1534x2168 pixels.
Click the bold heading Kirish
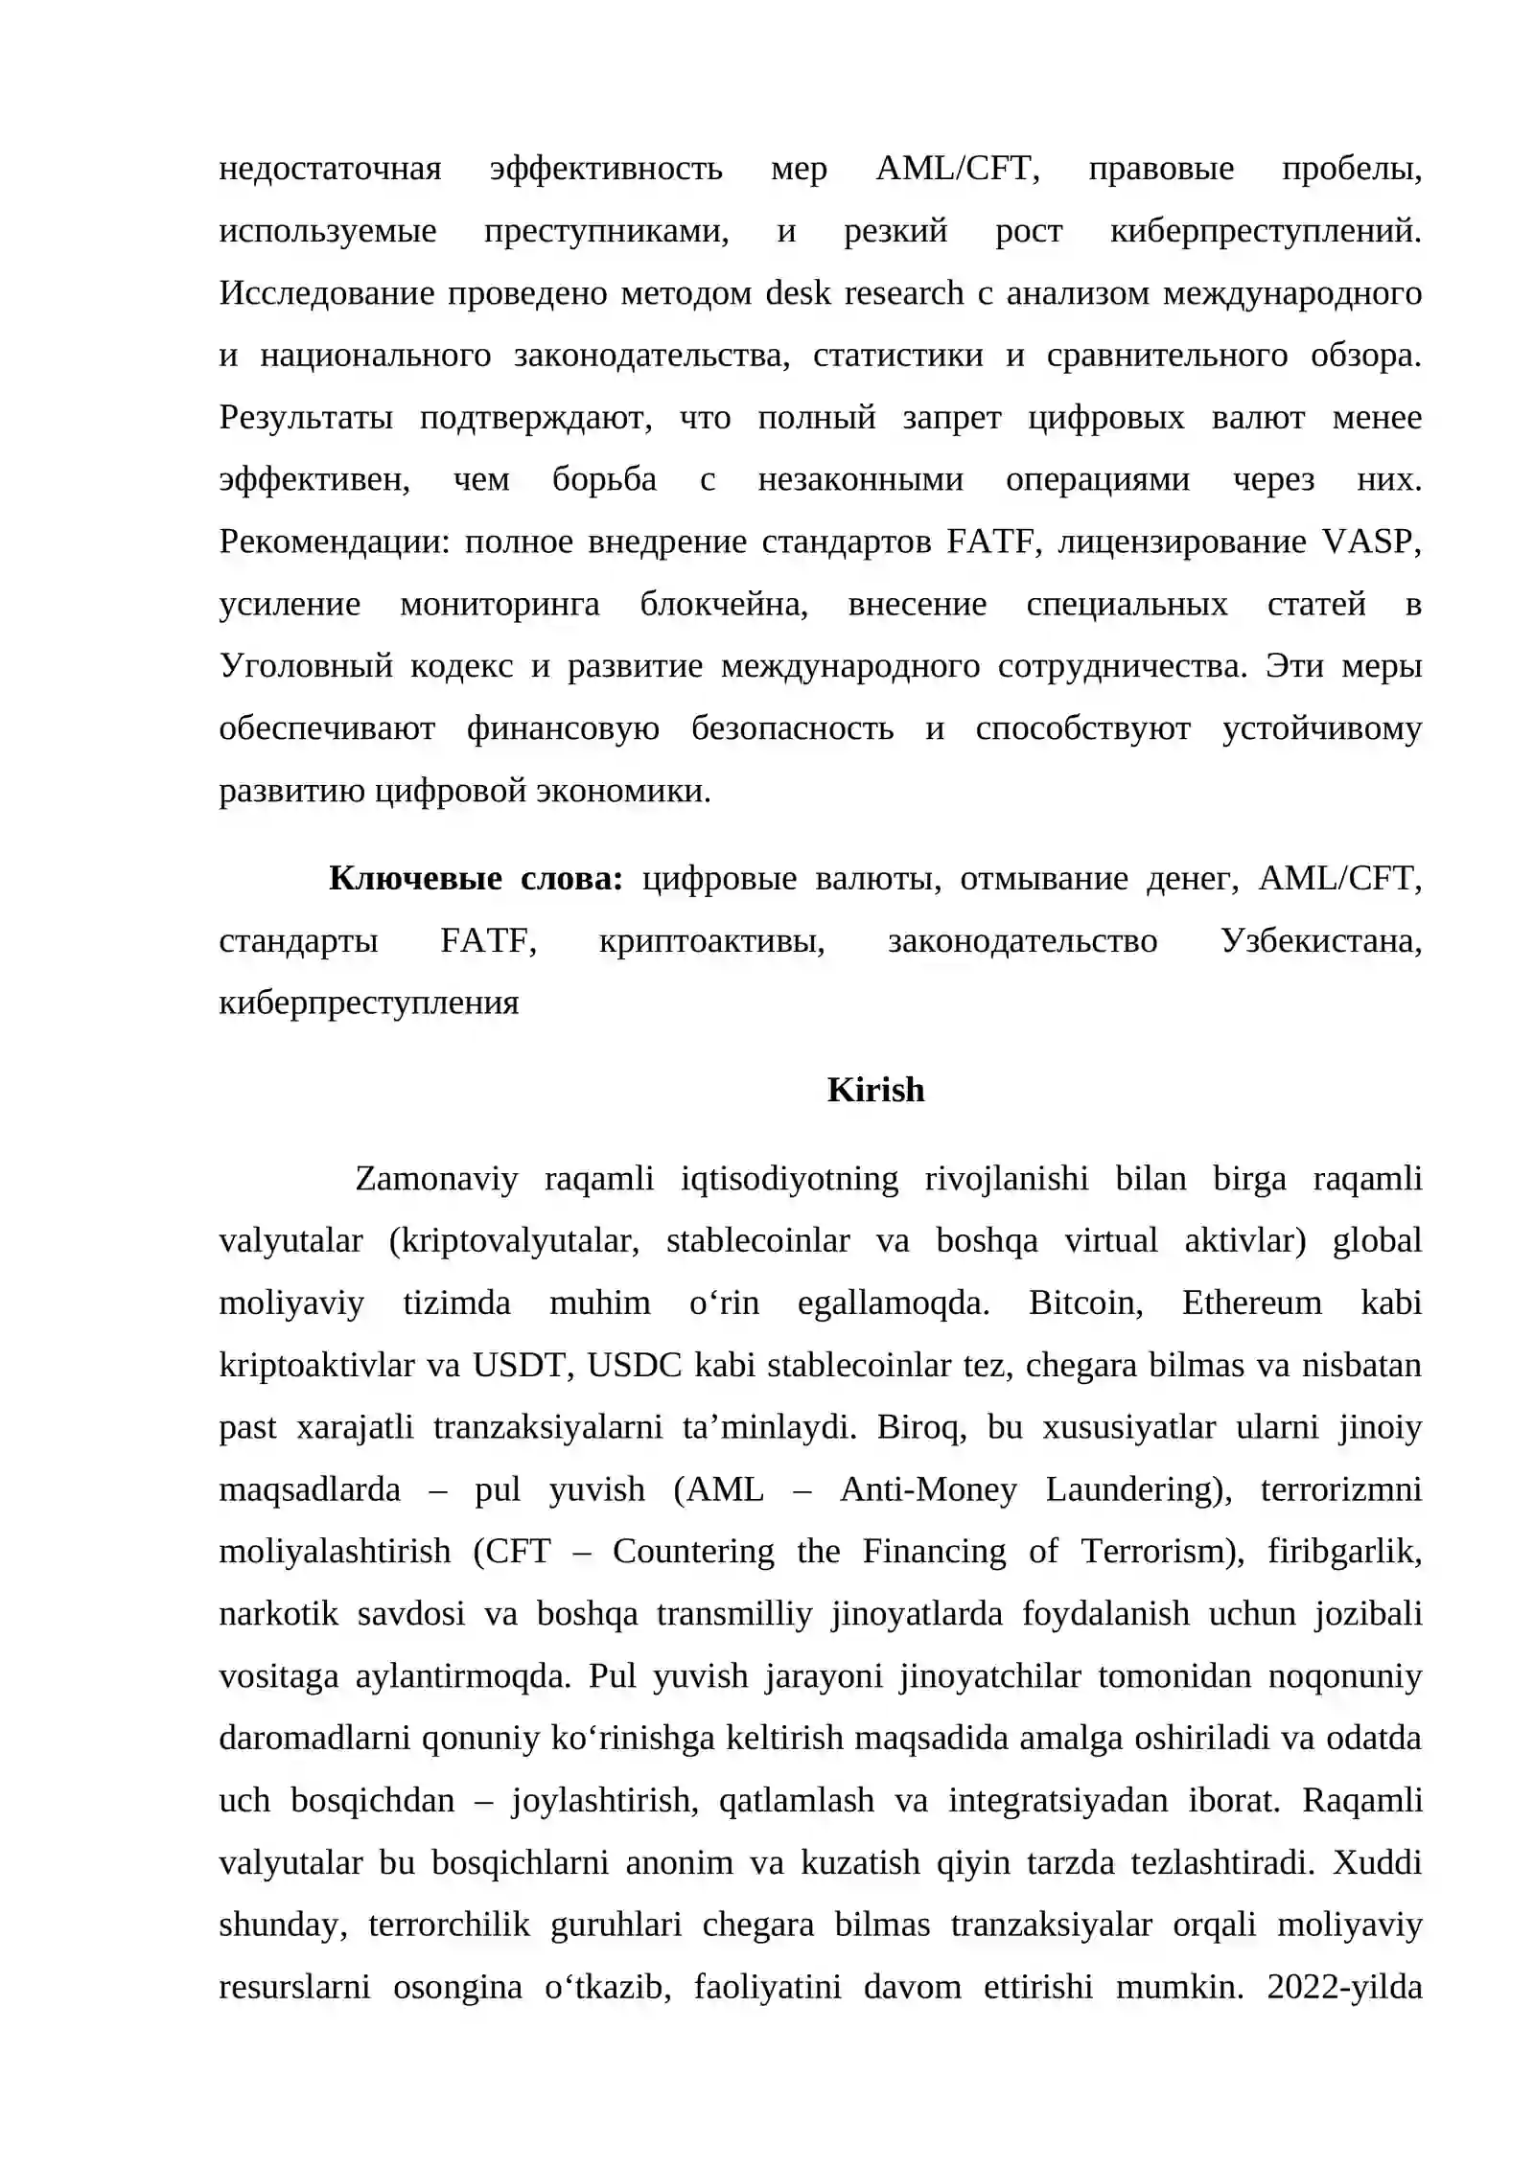click(x=874, y=1091)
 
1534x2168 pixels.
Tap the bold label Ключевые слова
click(x=476, y=878)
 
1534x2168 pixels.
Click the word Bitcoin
click(x=1085, y=1303)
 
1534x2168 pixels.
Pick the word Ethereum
click(x=1251, y=1303)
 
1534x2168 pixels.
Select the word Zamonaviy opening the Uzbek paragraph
click(x=436, y=1179)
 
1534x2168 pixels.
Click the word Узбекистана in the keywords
click(x=1320, y=941)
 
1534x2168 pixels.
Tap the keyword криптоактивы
click(x=711, y=941)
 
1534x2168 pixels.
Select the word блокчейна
click(x=724, y=605)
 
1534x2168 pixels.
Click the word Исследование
click(x=327, y=293)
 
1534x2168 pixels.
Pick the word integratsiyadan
click(x=1058, y=1801)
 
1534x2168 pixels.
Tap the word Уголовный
click(x=306, y=666)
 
